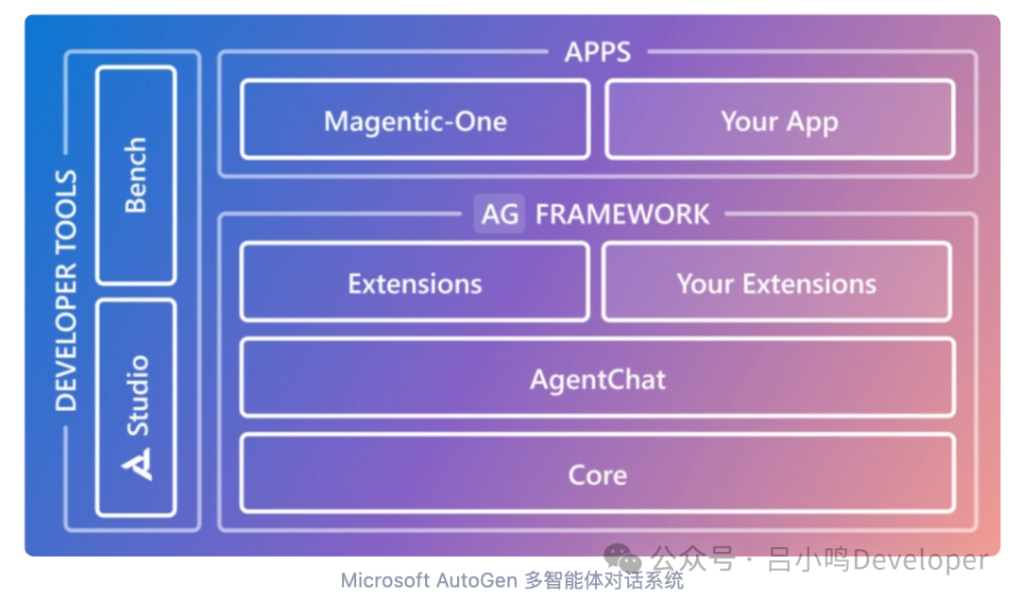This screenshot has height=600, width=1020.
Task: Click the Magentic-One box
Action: (x=415, y=120)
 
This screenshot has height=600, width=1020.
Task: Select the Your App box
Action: (x=779, y=120)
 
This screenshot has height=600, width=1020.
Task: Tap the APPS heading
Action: (x=597, y=52)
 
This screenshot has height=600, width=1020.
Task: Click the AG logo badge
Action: (x=500, y=214)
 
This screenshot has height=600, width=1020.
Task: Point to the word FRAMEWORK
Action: (x=622, y=214)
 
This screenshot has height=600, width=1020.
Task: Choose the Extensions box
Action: (x=415, y=283)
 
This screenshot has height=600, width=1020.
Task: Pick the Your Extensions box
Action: (x=775, y=283)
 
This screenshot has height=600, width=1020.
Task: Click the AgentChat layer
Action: (x=597, y=379)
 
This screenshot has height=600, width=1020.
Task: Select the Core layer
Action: (x=597, y=473)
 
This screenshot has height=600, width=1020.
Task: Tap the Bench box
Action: (x=136, y=175)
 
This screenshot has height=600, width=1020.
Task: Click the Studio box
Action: (x=136, y=406)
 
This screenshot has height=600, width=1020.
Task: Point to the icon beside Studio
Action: (x=138, y=463)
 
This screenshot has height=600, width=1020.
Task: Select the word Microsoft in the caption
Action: (x=382, y=579)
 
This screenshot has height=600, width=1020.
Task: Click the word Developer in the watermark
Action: (x=920, y=559)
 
